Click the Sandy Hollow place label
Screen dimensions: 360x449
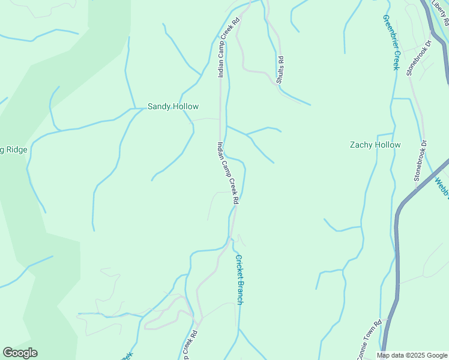173,107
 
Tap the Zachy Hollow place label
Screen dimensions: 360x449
375,145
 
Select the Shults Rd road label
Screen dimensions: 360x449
280,70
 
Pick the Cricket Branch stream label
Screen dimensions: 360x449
238,280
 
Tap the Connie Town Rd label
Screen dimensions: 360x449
369,340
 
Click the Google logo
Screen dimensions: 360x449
20,353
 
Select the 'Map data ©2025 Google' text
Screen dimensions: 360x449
412,355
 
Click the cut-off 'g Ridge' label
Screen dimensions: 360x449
13,149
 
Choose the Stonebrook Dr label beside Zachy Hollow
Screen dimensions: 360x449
420,161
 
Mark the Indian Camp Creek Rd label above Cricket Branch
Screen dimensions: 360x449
228,173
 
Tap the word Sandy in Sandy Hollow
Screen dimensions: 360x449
159,107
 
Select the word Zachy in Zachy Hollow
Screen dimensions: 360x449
363,145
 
